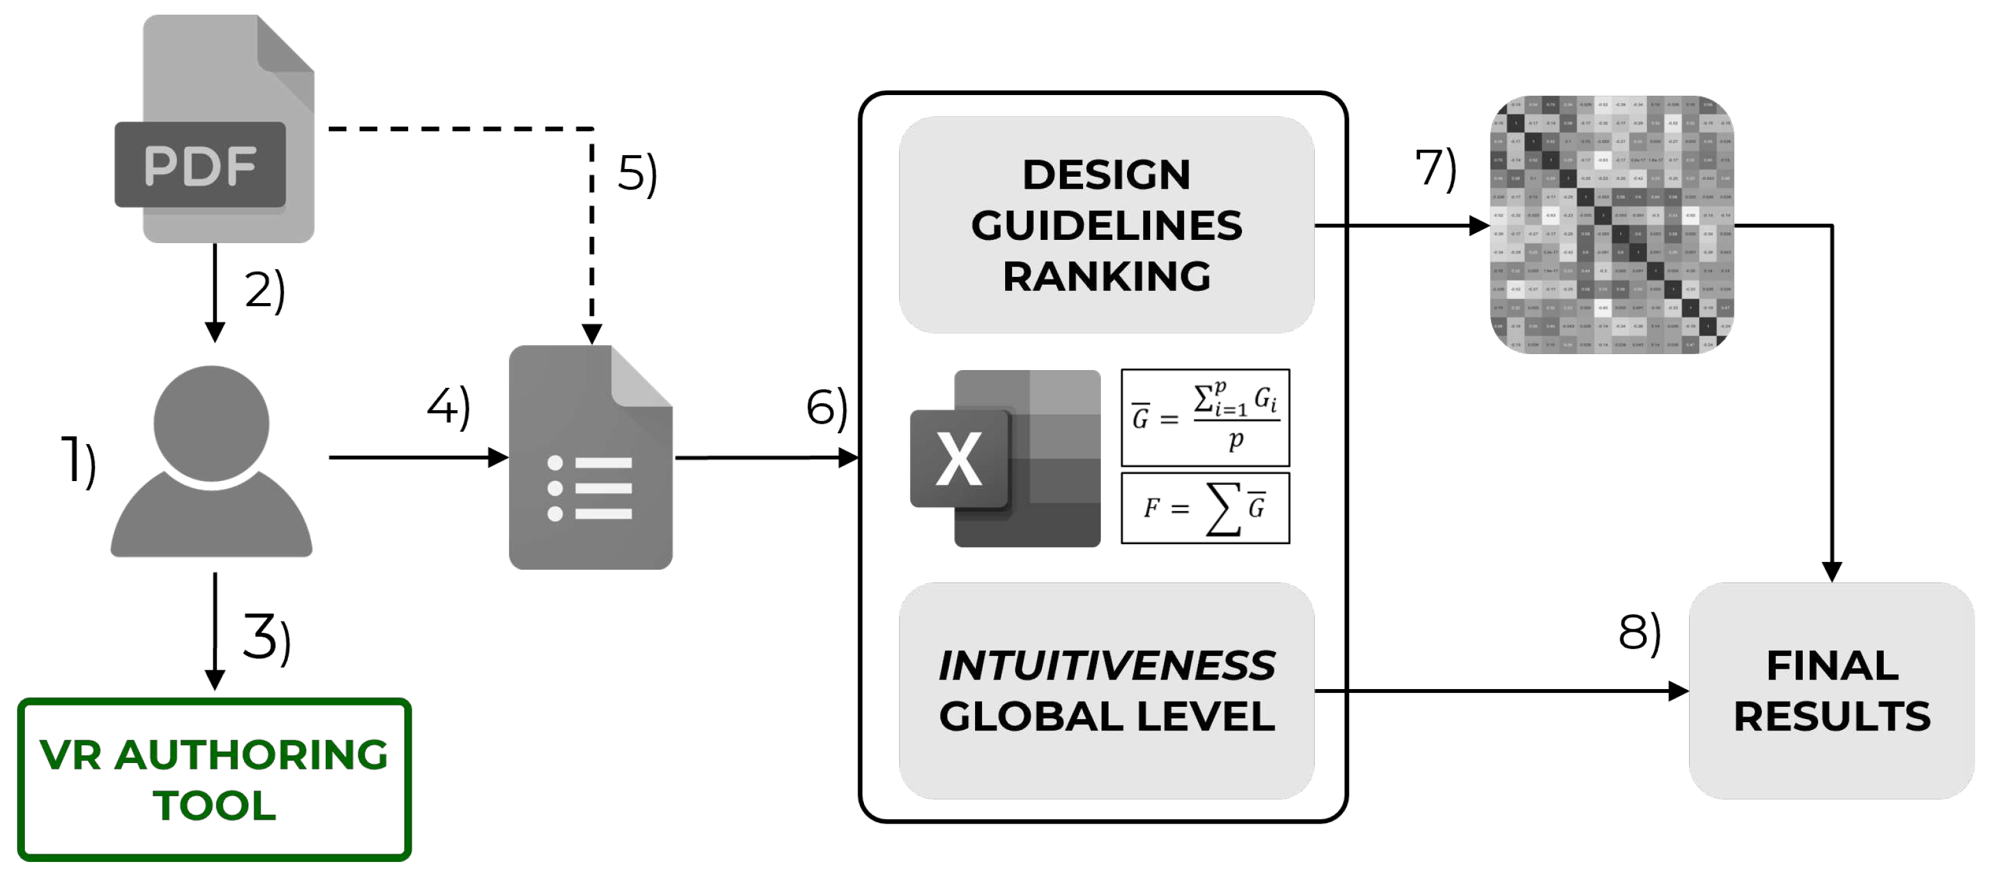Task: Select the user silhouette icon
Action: click(x=211, y=462)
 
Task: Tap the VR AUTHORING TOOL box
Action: click(x=215, y=779)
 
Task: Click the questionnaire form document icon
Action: click(x=590, y=458)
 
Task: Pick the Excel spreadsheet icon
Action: click(x=1004, y=459)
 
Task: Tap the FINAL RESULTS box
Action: click(x=1831, y=690)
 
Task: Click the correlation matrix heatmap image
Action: click(x=1612, y=225)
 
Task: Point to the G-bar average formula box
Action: click(x=1205, y=417)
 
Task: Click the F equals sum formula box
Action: click(x=1205, y=508)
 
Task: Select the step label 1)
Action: click(x=79, y=462)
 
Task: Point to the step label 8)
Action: click(x=1639, y=632)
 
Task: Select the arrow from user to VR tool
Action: click(x=215, y=630)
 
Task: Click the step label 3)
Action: click(x=266, y=638)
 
